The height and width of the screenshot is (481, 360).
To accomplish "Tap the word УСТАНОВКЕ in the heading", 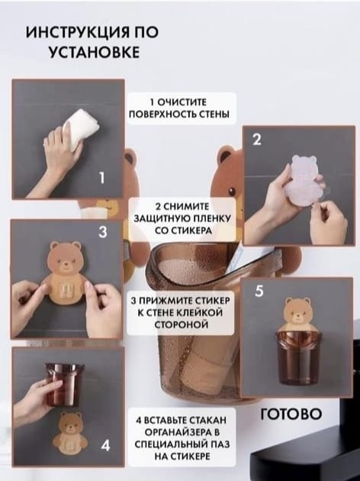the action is pyautogui.click(x=95, y=52).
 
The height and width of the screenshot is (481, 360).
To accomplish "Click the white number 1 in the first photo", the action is pyautogui.click(x=102, y=178).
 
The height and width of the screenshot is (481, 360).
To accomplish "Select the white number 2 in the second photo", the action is pyautogui.click(x=257, y=140).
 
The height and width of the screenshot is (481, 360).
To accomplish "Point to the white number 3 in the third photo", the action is pyautogui.click(x=103, y=232).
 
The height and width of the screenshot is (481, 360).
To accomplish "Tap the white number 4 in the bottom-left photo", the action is pyautogui.click(x=105, y=445).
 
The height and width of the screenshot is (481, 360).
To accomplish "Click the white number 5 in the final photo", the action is pyautogui.click(x=259, y=291).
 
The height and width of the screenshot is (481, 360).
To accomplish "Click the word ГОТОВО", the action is pyautogui.click(x=291, y=414).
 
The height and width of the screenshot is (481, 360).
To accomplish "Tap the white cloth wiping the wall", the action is pyautogui.click(x=79, y=129).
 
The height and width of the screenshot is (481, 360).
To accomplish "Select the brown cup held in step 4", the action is pyautogui.click(x=64, y=385).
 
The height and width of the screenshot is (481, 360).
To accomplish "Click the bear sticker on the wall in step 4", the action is pyautogui.click(x=70, y=434).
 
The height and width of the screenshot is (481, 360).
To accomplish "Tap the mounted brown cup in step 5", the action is pyautogui.click(x=295, y=358).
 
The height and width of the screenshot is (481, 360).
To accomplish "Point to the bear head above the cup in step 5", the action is pyautogui.click(x=296, y=314).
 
